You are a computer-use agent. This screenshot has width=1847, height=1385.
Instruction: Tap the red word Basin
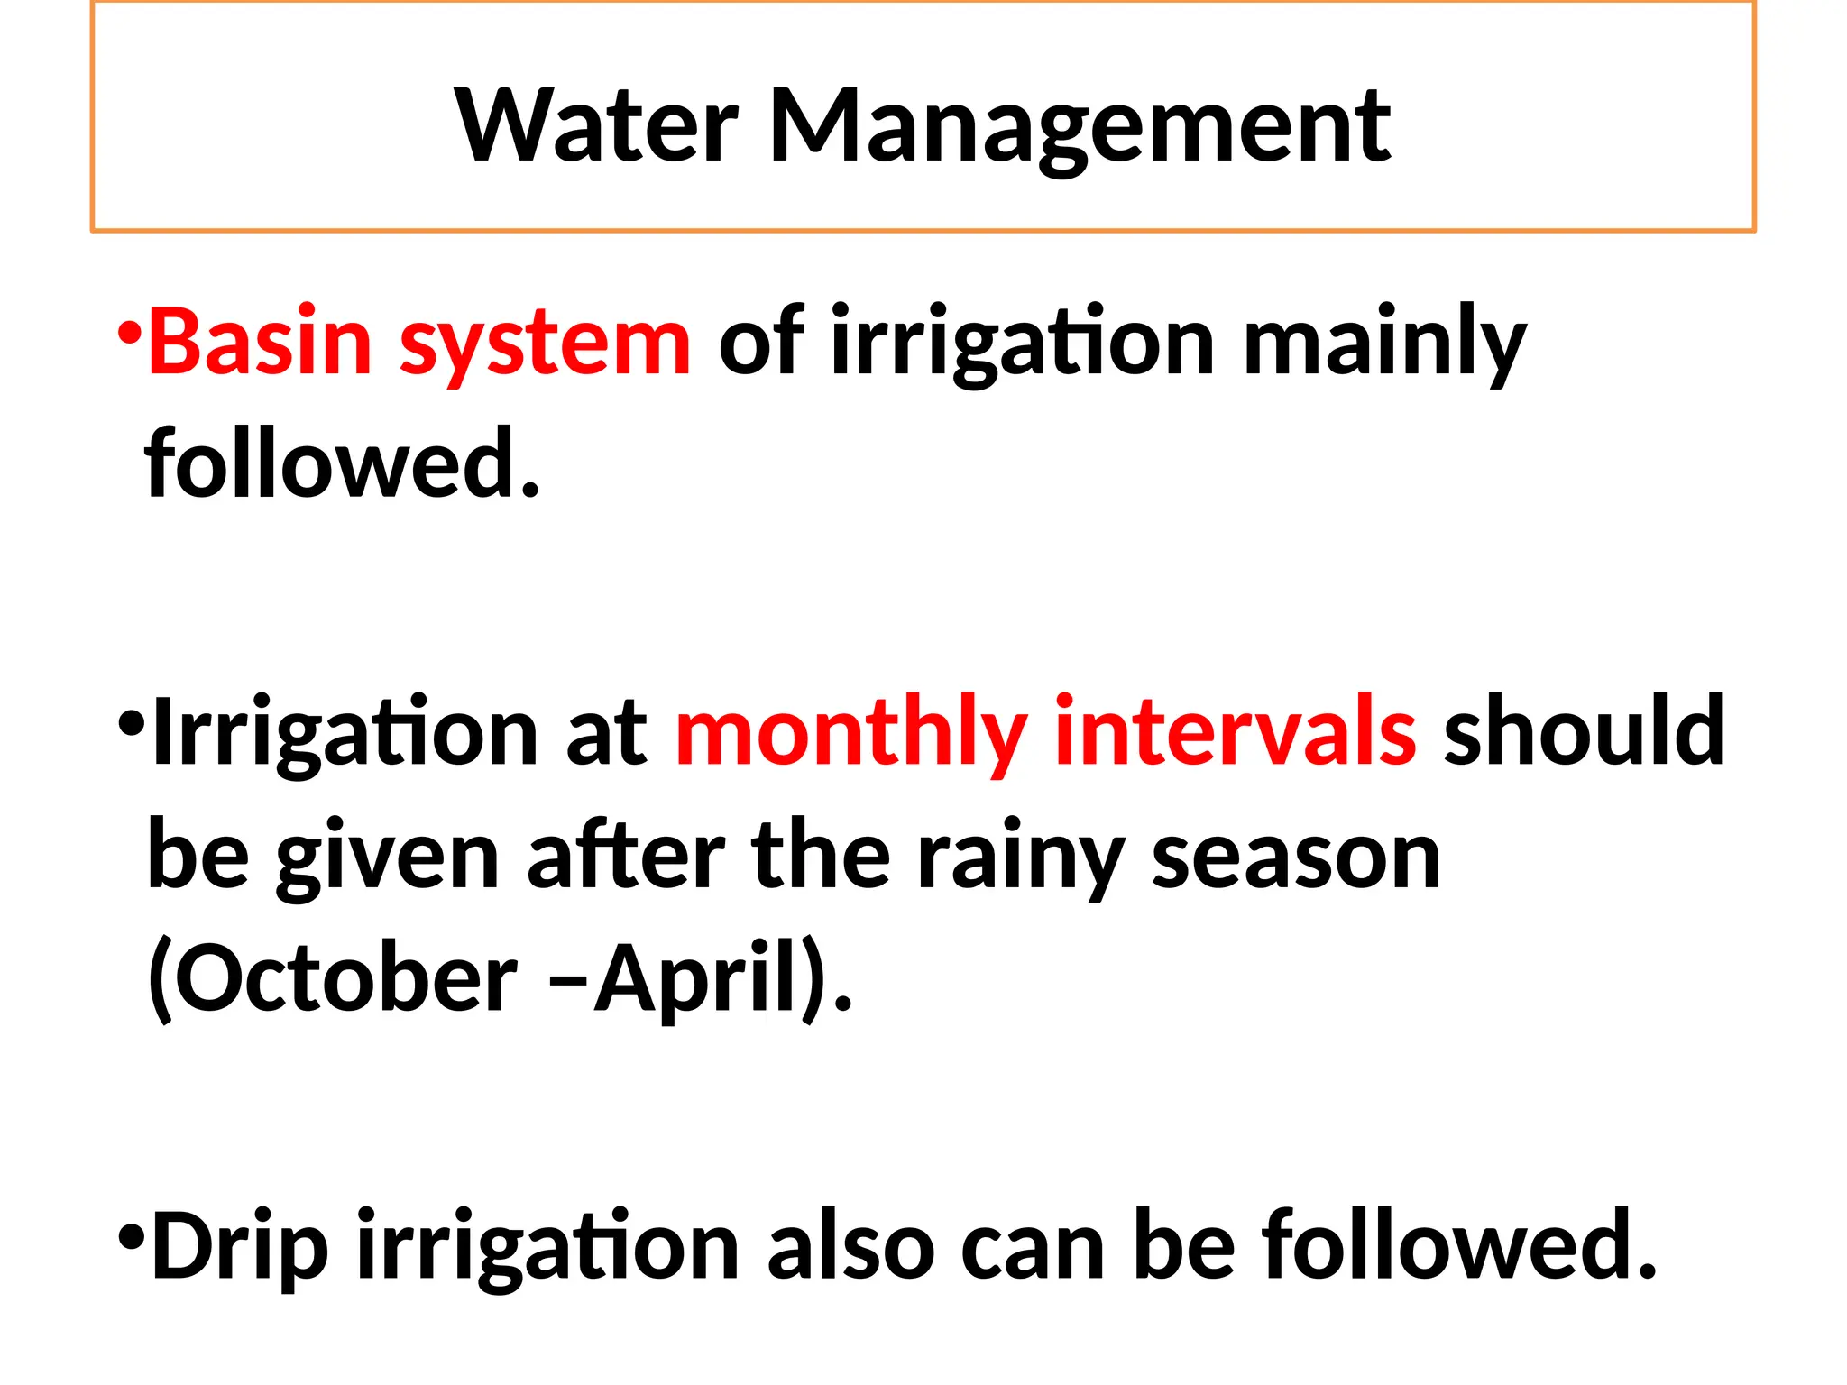pos(260,342)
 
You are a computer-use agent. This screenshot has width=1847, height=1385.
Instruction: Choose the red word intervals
pos(1236,730)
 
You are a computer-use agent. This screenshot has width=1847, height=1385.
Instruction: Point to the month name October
pos(333,978)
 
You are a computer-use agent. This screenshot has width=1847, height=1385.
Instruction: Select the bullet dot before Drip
pos(131,1234)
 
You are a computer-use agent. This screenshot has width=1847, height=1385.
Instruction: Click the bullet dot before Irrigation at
pos(131,722)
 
